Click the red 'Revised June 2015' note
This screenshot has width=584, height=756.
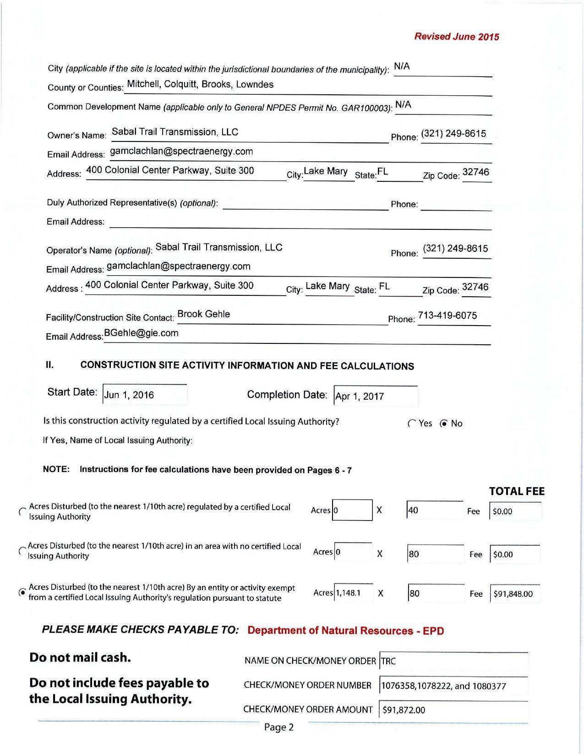coord(456,37)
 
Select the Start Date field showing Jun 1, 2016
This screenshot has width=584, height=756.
coord(145,395)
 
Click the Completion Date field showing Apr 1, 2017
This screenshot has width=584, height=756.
coord(376,396)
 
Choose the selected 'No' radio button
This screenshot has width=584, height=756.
coord(443,424)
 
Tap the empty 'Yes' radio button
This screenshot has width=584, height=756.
coord(411,424)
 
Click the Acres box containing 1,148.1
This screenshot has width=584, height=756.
coord(353,593)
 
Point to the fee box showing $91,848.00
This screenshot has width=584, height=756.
coord(515,594)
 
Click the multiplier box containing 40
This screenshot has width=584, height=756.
coord(435,510)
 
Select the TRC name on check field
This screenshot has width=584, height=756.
coord(453,661)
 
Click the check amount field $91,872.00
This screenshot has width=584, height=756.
coord(453,710)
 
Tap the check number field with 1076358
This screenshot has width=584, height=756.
coord(453,686)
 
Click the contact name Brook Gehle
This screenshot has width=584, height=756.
coord(204,314)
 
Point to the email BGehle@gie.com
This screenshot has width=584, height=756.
coord(141,333)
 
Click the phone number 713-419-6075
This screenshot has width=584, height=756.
coord(448,315)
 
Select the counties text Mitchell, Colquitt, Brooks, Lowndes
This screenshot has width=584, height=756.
coord(200,85)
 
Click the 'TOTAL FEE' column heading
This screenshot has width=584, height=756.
coord(517,491)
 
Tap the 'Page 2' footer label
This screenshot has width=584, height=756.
coord(278,727)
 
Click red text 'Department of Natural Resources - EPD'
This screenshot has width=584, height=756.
coord(345,631)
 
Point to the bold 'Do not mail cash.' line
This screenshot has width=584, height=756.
coord(80,658)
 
